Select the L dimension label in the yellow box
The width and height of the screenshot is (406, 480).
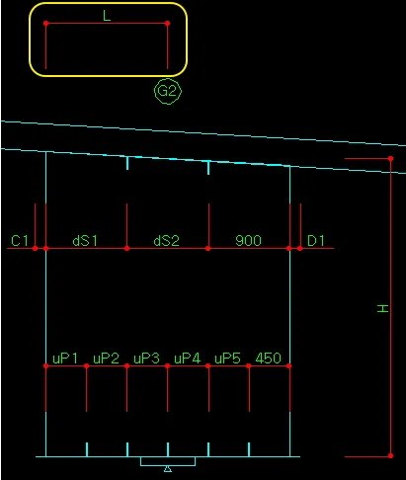(x=107, y=16)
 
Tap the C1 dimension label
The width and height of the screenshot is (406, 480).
(x=20, y=241)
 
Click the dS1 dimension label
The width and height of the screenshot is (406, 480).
(x=85, y=241)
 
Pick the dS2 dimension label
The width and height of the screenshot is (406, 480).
(x=166, y=241)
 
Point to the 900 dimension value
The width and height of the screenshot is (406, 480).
(x=248, y=241)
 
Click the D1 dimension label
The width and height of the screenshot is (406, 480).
(x=316, y=241)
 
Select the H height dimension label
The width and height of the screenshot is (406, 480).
(x=383, y=308)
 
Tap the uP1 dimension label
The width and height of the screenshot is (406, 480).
(x=65, y=359)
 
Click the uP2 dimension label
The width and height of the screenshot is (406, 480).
(x=106, y=359)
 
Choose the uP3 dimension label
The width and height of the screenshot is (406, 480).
(x=146, y=359)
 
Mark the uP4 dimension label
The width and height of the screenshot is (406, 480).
(x=187, y=359)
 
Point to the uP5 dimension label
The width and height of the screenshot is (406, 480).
(x=227, y=359)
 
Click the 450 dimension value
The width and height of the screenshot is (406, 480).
(x=269, y=359)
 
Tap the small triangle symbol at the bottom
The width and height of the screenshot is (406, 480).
(x=168, y=469)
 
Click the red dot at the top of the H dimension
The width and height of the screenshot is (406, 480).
(x=390, y=159)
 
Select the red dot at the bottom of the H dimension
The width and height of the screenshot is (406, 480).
(x=390, y=456)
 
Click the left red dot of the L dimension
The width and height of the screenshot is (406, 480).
(x=45, y=24)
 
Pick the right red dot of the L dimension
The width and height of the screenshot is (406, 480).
(x=168, y=24)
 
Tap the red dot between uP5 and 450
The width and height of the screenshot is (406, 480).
(x=249, y=365)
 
